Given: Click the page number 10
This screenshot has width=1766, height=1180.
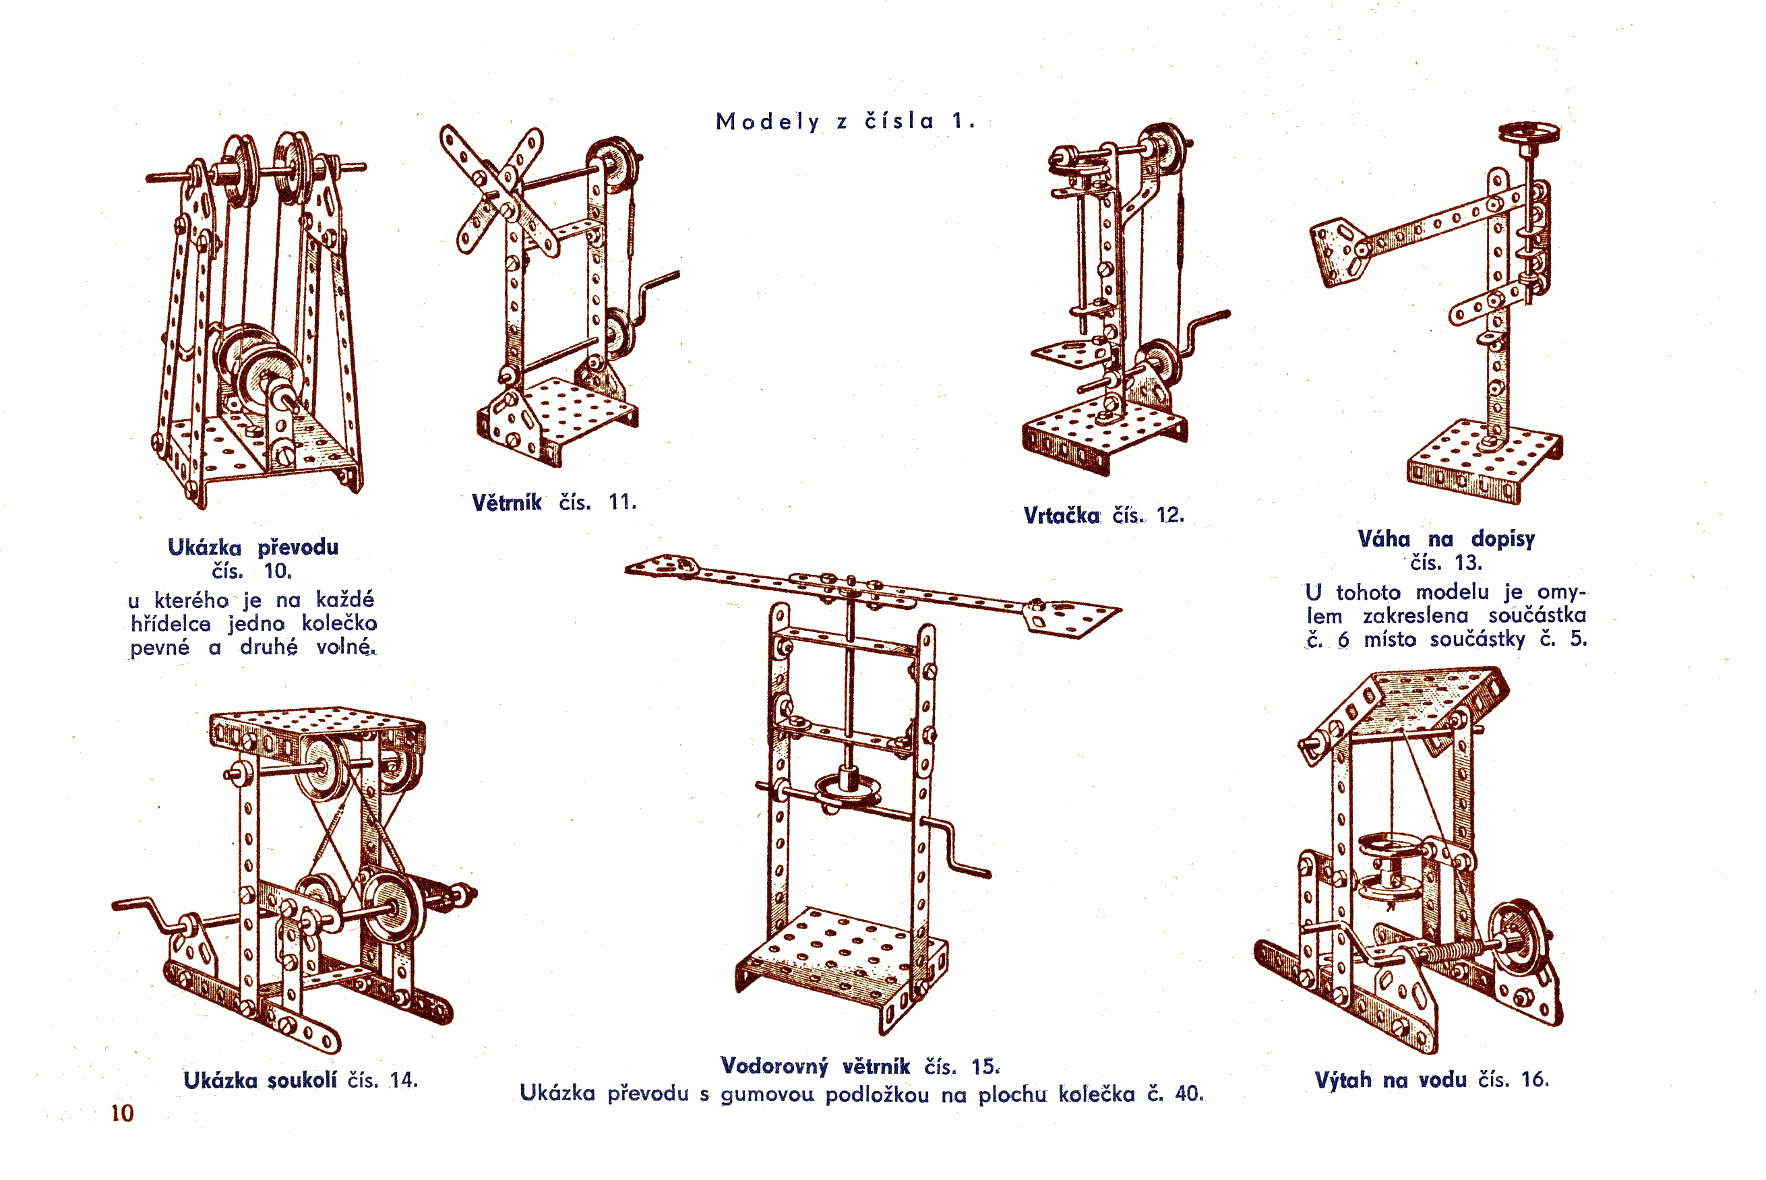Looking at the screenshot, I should click(122, 1113).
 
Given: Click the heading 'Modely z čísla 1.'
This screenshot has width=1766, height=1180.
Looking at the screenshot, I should click(845, 121).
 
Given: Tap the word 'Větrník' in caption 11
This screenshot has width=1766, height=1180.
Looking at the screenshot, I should click(507, 502).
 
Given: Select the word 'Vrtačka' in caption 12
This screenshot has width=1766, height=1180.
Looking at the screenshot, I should click(1062, 516).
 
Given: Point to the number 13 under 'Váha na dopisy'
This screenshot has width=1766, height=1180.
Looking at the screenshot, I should click(1467, 563).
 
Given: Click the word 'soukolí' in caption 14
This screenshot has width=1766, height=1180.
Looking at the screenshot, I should click(303, 1081).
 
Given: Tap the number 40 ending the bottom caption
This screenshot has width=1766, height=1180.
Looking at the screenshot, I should click(1188, 1094).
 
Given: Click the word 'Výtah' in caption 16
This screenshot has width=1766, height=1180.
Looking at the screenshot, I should click(1343, 1080).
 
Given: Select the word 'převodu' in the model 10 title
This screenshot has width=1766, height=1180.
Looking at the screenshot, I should click(298, 547).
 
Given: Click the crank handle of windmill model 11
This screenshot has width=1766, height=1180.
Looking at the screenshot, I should click(659, 286).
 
